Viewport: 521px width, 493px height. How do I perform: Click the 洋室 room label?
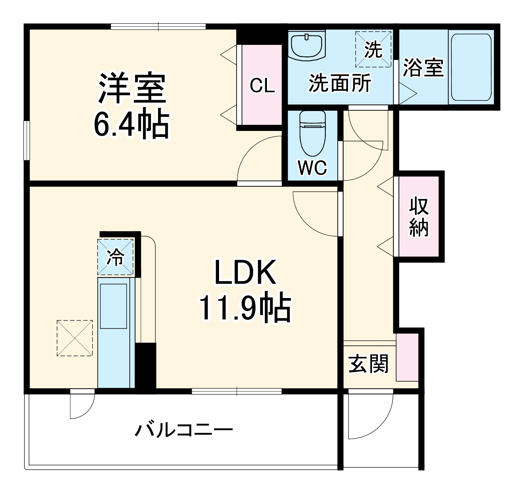click(132, 88)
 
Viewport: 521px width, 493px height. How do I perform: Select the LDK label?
click(245, 273)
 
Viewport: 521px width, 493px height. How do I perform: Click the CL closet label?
click(262, 86)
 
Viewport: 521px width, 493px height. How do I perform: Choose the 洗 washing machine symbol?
click(373, 50)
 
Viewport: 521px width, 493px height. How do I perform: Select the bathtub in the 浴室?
click(471, 67)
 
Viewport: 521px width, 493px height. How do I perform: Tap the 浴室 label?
click(423, 67)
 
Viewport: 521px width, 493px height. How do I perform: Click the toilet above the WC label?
click(312, 133)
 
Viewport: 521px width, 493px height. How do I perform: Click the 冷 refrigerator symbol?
click(115, 257)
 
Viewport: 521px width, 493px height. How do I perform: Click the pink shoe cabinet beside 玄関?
click(407, 357)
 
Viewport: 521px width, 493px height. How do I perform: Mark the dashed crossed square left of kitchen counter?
click(74, 338)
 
